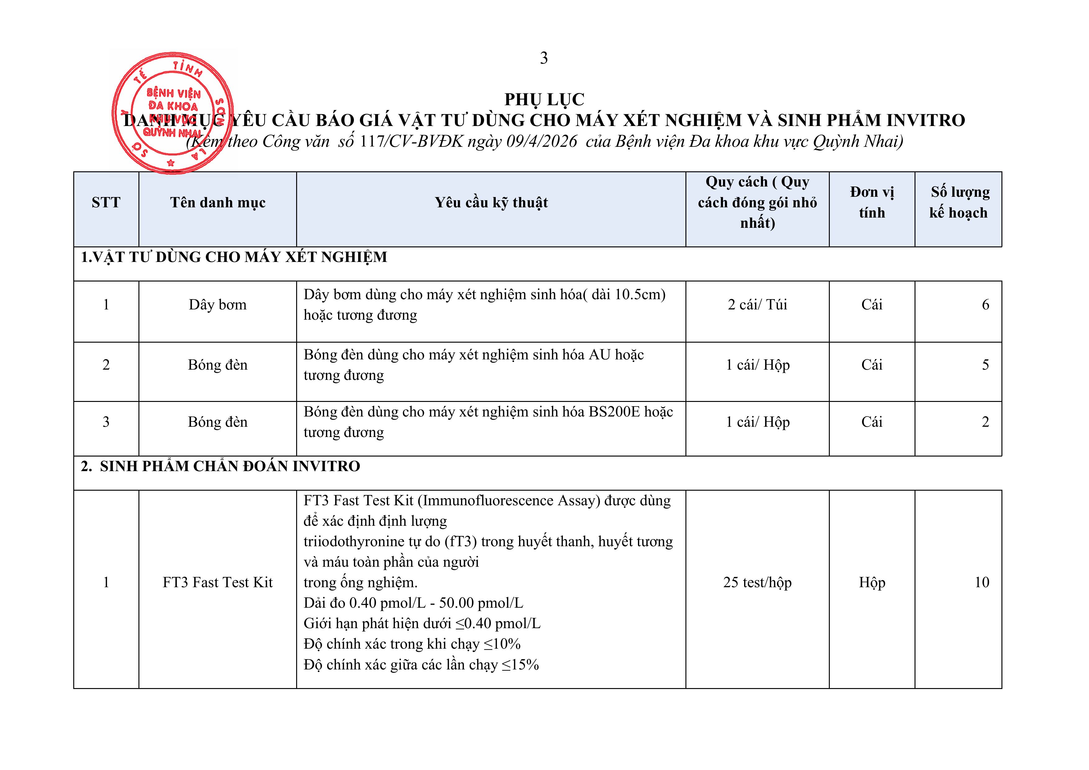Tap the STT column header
click(106, 202)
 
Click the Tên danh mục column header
click(218, 202)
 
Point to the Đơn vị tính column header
click(871, 202)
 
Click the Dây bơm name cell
click(218, 304)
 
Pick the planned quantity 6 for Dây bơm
click(985, 304)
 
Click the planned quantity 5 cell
click(985, 365)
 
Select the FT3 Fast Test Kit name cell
click(218, 582)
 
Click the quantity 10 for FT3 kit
click(981, 582)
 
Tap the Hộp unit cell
click(871, 582)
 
